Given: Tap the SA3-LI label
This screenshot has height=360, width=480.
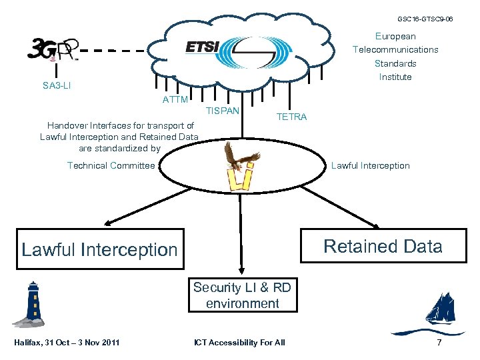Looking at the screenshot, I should pyautogui.click(x=57, y=86).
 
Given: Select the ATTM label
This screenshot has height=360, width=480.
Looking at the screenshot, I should pyautogui.click(x=175, y=100).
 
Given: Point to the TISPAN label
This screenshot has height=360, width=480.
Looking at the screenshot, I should pyautogui.click(x=223, y=109).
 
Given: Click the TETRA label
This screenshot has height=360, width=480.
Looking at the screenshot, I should pyautogui.click(x=291, y=117).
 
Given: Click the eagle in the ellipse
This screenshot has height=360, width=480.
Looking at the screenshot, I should pyautogui.click(x=239, y=157).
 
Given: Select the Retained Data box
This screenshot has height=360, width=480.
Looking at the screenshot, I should pyautogui.click(x=382, y=247).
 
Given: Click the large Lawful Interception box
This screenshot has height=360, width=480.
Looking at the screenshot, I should pyautogui.click(x=100, y=250).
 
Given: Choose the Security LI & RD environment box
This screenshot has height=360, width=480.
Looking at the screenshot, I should pyautogui.click(x=242, y=295).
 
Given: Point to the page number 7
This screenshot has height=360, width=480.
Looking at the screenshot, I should pyautogui.click(x=439, y=343).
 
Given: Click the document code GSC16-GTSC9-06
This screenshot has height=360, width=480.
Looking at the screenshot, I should pyautogui.click(x=425, y=19).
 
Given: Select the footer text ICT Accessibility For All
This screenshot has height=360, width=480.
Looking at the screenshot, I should pyautogui.click(x=239, y=343).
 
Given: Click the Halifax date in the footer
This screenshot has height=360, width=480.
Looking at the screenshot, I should pyautogui.click(x=67, y=343).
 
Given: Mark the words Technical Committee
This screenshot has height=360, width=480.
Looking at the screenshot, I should pyautogui.click(x=111, y=166).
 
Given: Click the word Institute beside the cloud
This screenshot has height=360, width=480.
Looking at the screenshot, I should pyautogui.click(x=395, y=77).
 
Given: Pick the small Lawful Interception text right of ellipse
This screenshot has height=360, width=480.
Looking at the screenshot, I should pyautogui.click(x=371, y=166).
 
